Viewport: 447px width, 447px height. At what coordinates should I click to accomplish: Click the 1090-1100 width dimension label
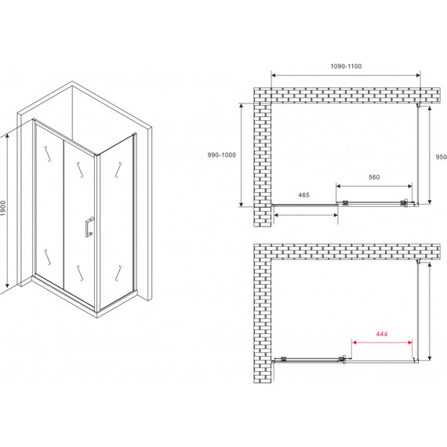click(x=346, y=67)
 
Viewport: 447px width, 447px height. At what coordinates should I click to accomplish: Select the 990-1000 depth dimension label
click(x=222, y=155)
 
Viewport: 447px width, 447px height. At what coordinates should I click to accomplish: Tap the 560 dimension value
click(x=374, y=177)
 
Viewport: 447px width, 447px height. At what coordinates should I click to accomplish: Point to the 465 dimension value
click(x=303, y=195)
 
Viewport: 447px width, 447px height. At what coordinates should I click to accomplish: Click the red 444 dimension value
click(x=381, y=334)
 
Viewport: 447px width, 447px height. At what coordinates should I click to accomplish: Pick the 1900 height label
click(x=3, y=209)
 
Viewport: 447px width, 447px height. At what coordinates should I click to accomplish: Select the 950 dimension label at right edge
click(x=442, y=157)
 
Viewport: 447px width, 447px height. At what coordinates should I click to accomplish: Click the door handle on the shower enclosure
click(x=89, y=227)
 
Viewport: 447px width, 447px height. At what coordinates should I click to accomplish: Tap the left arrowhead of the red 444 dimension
click(x=354, y=343)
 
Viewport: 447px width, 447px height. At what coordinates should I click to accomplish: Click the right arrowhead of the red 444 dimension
click(x=410, y=343)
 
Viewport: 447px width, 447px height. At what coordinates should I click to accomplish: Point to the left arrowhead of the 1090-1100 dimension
click(x=273, y=75)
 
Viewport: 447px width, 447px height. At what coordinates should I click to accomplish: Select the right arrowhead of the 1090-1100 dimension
click(x=418, y=75)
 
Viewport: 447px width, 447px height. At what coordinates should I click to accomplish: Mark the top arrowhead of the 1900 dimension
click(x=8, y=136)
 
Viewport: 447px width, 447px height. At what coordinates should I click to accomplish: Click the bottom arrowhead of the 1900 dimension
click(x=8, y=285)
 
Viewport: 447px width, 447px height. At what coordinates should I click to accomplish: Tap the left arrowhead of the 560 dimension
click(x=338, y=187)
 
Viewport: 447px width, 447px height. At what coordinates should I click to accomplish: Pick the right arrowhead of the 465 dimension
click(x=336, y=215)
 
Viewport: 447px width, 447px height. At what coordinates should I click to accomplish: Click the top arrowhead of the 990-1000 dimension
click(x=242, y=106)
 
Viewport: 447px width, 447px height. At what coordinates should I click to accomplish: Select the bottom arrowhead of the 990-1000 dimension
click(x=242, y=204)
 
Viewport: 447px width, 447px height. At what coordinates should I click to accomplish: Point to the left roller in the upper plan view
click(x=345, y=202)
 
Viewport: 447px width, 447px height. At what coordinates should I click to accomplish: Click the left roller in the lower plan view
click(x=284, y=359)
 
